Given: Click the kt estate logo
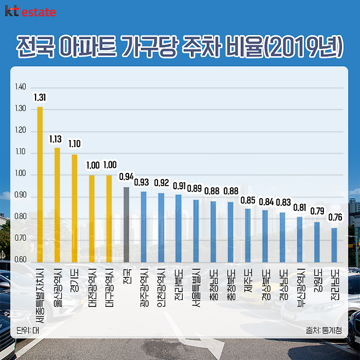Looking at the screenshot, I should point(30,11).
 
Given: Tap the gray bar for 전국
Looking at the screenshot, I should point(126,225).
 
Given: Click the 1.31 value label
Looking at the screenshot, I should point(40,98).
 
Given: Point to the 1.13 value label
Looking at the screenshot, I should point(57,139).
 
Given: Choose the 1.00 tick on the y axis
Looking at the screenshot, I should point(21,174).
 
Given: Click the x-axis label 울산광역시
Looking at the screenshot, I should point(57,291).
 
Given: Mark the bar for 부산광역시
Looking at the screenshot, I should point(300,240).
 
